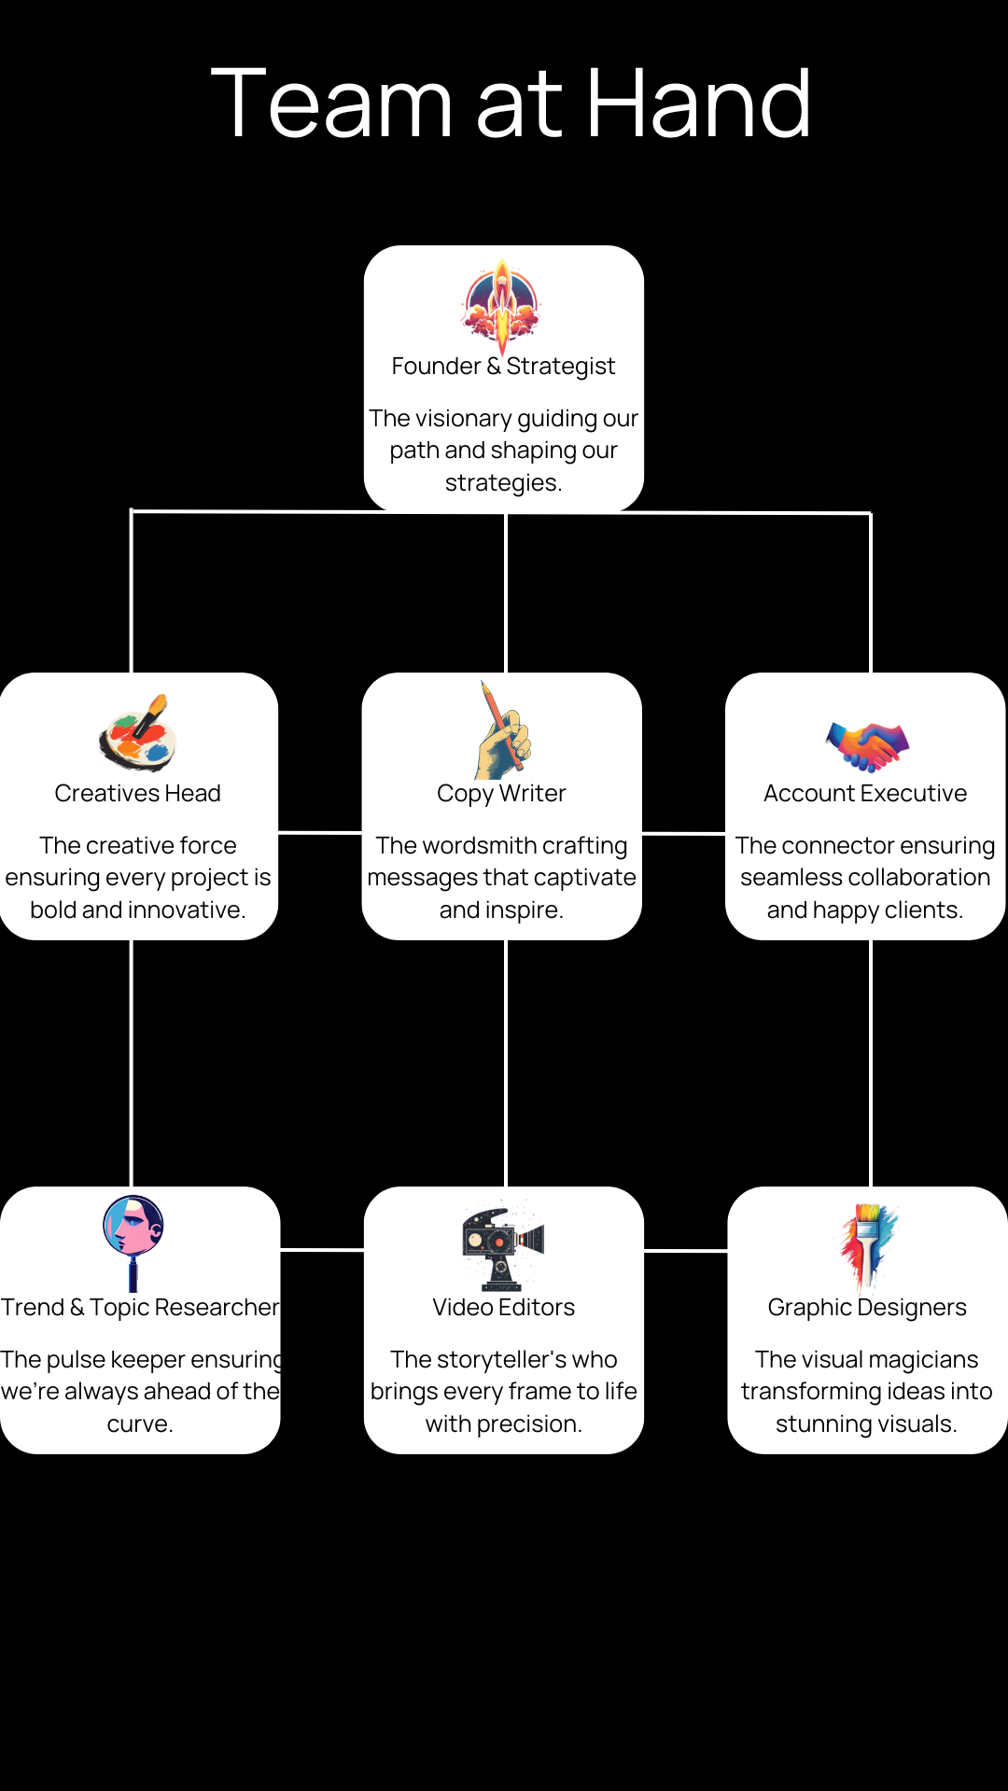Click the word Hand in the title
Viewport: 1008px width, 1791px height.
[698, 104]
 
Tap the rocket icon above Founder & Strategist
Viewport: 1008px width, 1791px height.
[501, 303]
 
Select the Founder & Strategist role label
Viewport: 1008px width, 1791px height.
[503, 366]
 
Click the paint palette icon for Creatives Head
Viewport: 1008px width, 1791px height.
[138, 733]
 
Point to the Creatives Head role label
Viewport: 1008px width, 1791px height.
[137, 793]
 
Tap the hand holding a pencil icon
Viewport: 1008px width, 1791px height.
[502, 731]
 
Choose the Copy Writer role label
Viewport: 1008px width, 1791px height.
[501, 793]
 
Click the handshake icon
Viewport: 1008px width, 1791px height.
[867, 745]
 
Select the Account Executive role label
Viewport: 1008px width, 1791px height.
[865, 793]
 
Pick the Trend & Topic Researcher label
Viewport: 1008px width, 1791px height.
[140, 1307]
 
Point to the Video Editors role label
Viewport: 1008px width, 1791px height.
[503, 1307]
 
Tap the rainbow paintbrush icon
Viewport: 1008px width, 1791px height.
[867, 1245]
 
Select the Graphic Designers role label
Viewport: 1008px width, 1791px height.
[867, 1307]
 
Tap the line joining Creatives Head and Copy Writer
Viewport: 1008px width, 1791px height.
[320, 832]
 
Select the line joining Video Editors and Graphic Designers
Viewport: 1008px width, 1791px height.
[685, 1250]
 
